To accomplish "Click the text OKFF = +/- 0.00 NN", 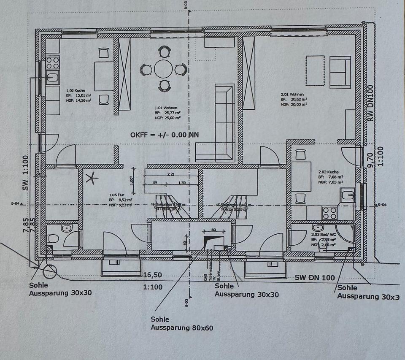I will [165, 135].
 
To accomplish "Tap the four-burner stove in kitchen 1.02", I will [53, 63].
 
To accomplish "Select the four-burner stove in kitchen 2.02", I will [329, 213].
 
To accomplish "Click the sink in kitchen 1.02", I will [53, 78].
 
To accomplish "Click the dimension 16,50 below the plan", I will [152, 275].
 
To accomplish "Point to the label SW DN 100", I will [315, 277].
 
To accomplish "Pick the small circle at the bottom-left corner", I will [50, 271].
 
